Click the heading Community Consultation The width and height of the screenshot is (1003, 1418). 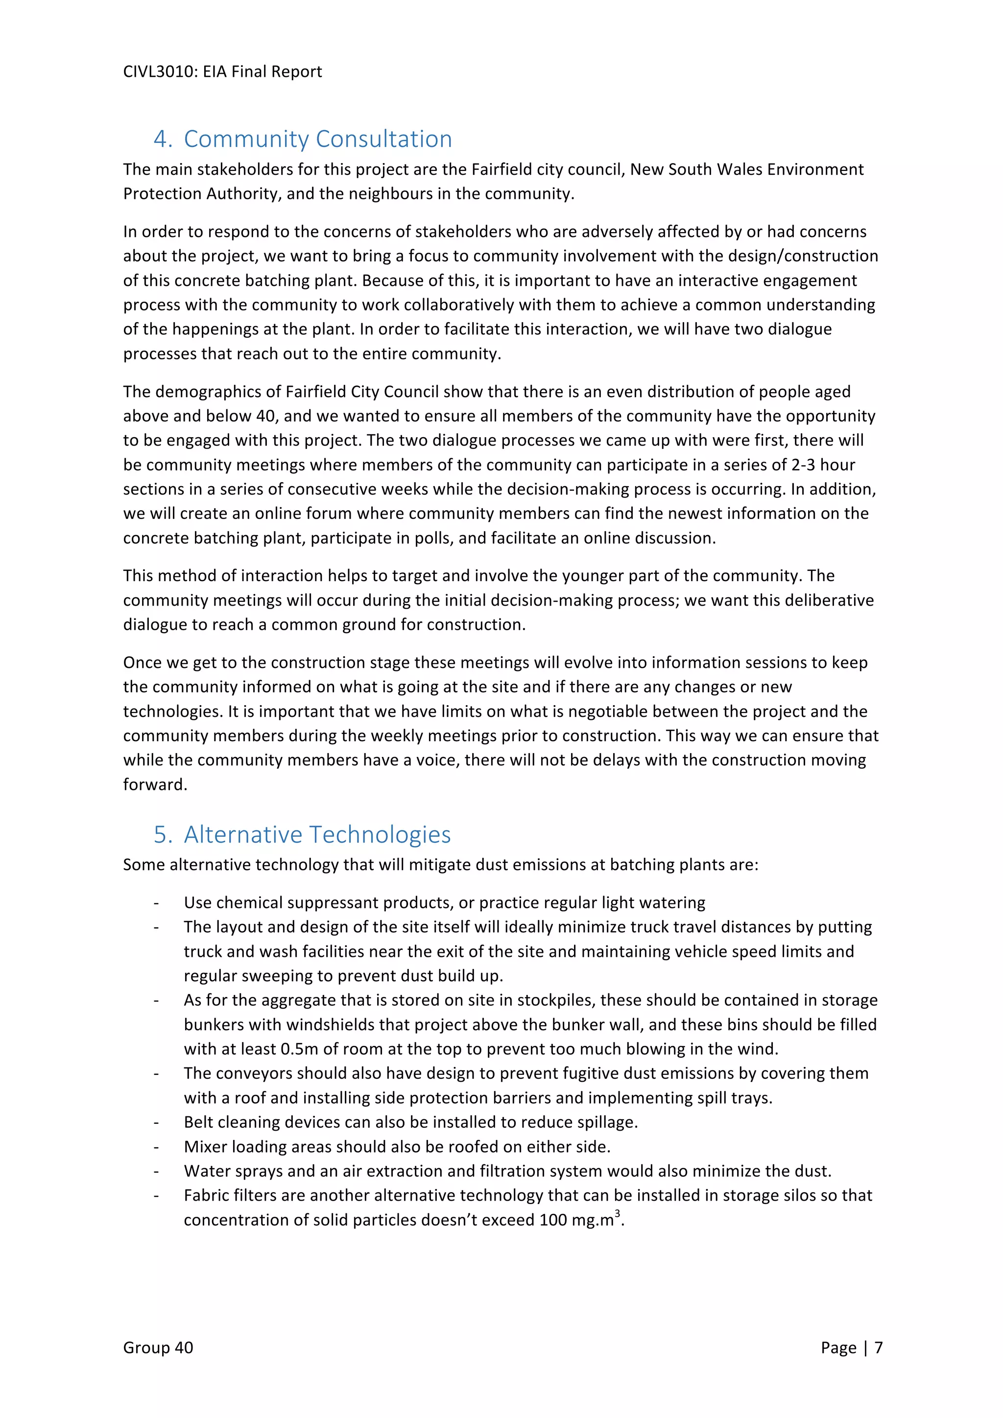(317, 139)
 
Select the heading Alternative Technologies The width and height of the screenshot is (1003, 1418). (317, 834)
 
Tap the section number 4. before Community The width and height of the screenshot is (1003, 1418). (163, 139)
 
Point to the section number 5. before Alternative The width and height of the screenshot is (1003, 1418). (163, 834)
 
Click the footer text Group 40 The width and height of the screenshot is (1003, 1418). (158, 1347)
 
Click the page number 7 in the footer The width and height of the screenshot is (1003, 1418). (878, 1347)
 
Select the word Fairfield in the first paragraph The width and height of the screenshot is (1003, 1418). (499, 169)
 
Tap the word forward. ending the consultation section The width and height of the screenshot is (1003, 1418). (155, 784)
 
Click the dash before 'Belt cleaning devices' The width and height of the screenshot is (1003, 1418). (157, 1122)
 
